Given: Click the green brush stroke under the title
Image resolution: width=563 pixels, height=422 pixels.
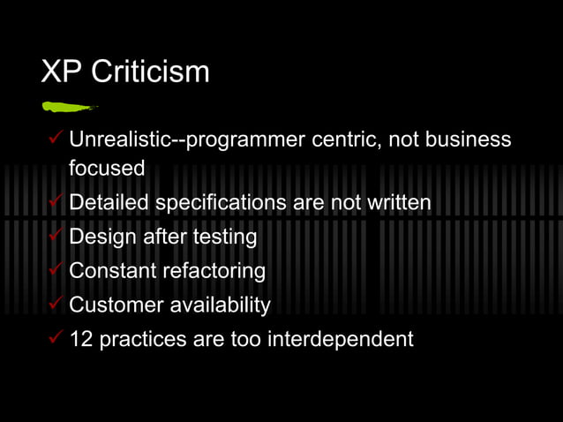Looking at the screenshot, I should click(x=67, y=107).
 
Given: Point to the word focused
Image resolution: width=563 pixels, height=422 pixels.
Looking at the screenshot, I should click(x=107, y=167).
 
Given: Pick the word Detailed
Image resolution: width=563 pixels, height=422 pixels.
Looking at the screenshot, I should click(x=109, y=203).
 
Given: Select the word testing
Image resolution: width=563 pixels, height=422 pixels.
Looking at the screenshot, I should click(x=225, y=237).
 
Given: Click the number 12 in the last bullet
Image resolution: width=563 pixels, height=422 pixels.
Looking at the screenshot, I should click(x=80, y=339).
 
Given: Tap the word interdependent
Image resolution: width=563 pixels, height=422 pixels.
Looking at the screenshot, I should click(x=347, y=339).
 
